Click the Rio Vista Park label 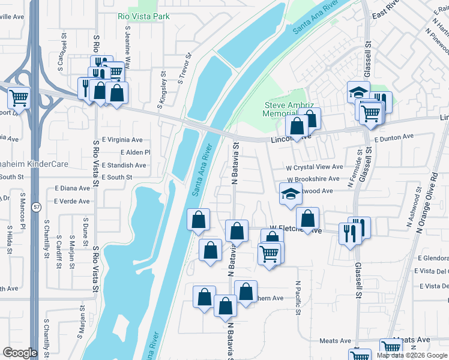[143, 16]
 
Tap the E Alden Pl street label [135, 152]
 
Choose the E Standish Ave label [124, 165]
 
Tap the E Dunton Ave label [394, 137]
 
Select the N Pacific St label [298, 298]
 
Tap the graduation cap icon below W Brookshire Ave [291, 194]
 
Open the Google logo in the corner [20, 353]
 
